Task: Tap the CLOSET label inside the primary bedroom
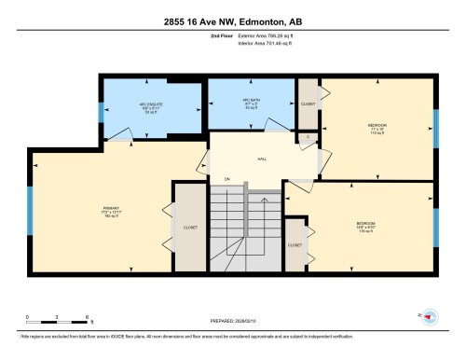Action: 190,227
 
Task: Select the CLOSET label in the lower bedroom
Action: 295,245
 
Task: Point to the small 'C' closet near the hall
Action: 308,137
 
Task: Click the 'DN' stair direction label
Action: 226,179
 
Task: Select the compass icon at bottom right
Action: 429,318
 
